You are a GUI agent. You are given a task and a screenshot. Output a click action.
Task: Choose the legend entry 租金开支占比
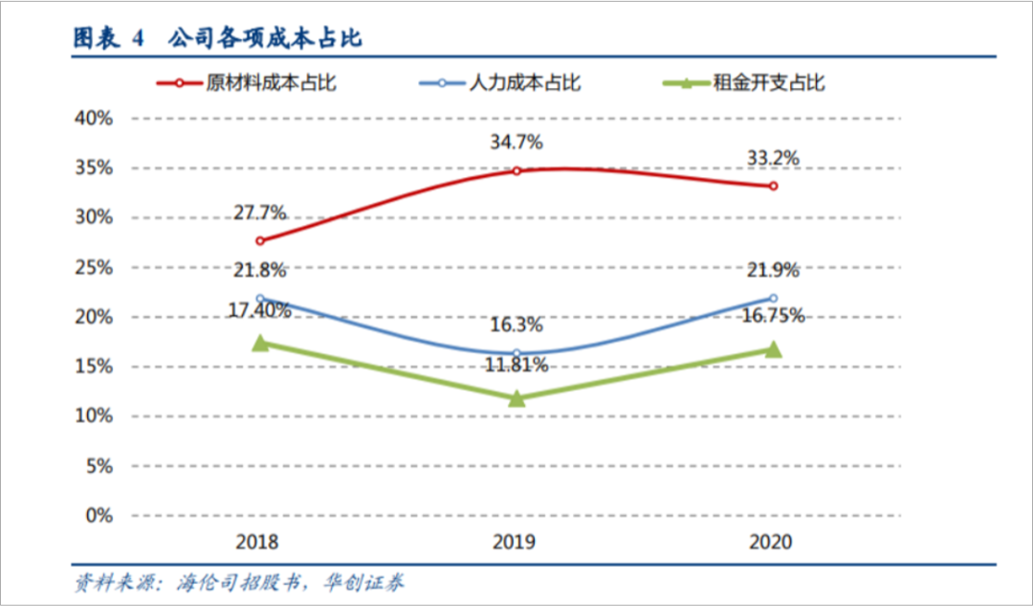[x=768, y=83]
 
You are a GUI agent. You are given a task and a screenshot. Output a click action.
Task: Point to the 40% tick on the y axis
[x=94, y=119]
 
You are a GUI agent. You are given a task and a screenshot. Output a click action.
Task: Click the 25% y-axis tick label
[x=94, y=267]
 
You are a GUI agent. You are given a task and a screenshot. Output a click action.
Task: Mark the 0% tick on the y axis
[x=99, y=516]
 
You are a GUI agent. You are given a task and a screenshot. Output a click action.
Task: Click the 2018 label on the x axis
[x=258, y=542]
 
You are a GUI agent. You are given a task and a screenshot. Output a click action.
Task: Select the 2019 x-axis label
[x=516, y=542]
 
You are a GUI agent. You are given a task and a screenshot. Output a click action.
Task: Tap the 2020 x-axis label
[x=772, y=542]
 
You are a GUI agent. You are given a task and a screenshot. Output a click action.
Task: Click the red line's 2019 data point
[x=516, y=170]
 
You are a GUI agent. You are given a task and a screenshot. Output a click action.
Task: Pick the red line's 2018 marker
[x=259, y=240]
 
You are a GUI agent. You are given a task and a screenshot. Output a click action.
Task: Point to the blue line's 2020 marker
[x=773, y=298]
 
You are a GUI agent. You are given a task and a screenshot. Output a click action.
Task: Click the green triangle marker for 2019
[x=516, y=397]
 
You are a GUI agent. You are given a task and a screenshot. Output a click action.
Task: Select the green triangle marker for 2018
[x=259, y=343]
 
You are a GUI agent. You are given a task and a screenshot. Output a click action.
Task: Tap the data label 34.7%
[x=516, y=143]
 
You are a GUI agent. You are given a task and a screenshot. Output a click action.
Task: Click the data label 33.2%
[x=773, y=158]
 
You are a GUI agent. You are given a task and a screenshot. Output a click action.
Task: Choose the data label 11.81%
[x=516, y=365]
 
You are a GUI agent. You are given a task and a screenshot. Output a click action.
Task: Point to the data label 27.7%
[x=259, y=213]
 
